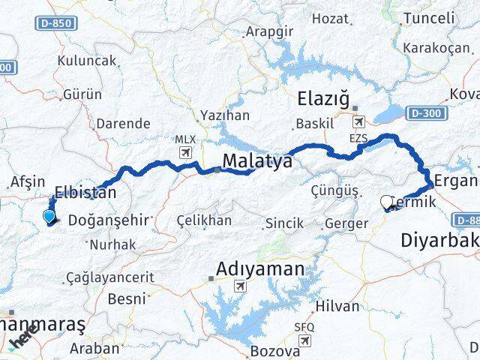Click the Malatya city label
point(257,161)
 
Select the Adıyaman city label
point(260,268)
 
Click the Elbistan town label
point(85,192)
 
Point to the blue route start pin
point(49,217)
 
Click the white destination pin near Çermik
point(387,201)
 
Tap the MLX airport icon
point(184,153)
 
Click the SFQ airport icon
point(304,341)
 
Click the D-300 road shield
point(428,113)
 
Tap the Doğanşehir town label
point(110,220)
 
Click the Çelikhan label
point(204,220)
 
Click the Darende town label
point(124,123)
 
